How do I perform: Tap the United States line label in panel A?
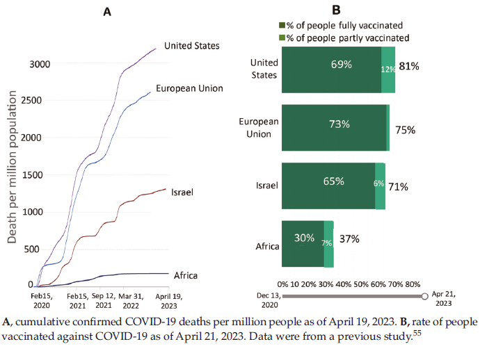point(192,46)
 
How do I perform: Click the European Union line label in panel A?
point(189,88)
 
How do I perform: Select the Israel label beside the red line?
point(182,190)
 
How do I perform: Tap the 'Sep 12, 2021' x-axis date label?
point(104,300)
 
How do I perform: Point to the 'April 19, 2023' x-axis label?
point(167,300)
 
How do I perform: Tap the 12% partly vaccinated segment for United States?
point(388,69)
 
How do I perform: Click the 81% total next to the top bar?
point(408,67)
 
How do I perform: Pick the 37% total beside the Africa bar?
point(349,239)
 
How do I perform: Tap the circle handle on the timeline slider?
point(425,297)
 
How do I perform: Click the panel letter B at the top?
point(336,10)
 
